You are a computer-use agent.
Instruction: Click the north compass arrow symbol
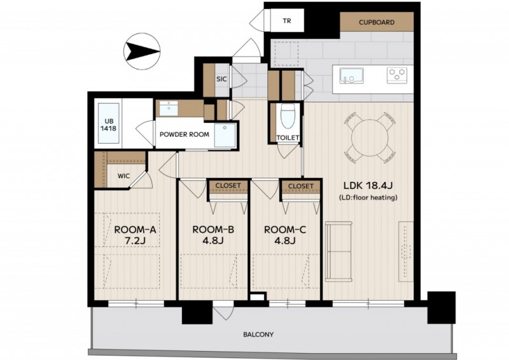coord(142,52)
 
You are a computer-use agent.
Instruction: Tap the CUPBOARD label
coord(377,22)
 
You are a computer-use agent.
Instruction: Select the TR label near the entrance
coord(287,21)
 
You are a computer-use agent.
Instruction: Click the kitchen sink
coord(352,76)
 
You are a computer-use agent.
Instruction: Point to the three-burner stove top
coord(397,75)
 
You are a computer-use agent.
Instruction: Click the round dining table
coord(370,137)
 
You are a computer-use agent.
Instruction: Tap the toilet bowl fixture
coord(287,116)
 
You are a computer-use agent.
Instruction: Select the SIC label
coord(221,79)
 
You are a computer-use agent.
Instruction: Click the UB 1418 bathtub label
coord(108,125)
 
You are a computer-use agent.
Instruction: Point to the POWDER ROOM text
coord(185,134)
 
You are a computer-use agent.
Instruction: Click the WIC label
coord(123,176)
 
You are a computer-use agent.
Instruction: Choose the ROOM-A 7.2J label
coord(135,235)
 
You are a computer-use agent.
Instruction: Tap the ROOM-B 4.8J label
coord(213,235)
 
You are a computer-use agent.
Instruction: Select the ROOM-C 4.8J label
coord(285,235)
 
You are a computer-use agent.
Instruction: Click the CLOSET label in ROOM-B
coord(228,185)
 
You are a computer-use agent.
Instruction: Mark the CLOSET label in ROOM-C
coord(301,186)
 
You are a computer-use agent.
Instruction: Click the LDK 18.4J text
coord(368,186)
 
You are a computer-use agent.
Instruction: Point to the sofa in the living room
coord(338,252)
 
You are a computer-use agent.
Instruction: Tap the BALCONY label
coord(258,335)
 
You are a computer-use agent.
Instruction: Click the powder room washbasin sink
coord(169,108)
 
